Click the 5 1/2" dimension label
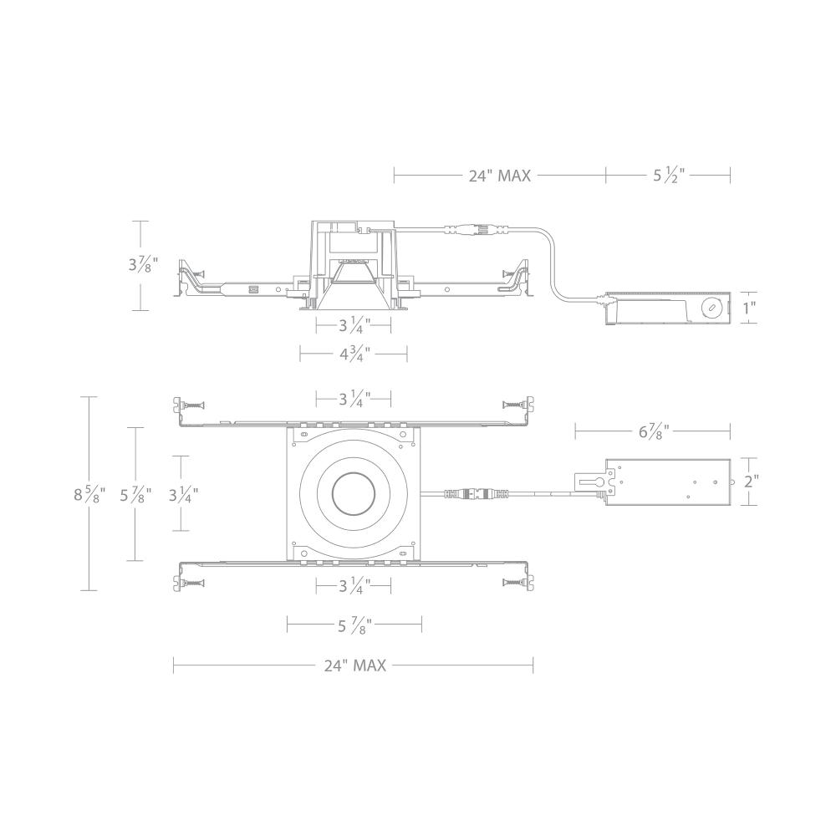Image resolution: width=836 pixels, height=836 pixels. [x=668, y=176]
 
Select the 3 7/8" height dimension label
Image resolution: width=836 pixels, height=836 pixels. [x=140, y=265]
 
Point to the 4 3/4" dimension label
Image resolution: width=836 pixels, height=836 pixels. [x=354, y=354]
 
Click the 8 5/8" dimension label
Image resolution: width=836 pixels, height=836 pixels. [x=89, y=493]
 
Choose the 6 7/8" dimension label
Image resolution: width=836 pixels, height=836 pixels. [x=653, y=431]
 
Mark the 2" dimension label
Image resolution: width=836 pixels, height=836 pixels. [x=751, y=482]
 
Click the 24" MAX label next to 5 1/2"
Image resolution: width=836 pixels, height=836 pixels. [x=499, y=176]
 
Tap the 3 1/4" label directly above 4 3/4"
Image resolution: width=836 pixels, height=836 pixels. [x=354, y=325]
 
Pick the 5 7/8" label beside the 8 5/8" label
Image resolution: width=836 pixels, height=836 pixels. [x=135, y=493]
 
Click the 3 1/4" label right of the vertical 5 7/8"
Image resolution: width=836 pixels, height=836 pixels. [x=183, y=493]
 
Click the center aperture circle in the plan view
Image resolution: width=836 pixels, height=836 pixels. [x=354, y=493]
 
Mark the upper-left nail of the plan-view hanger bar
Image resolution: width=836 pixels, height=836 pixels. [x=190, y=404]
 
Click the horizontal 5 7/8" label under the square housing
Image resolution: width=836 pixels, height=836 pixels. [x=354, y=624]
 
